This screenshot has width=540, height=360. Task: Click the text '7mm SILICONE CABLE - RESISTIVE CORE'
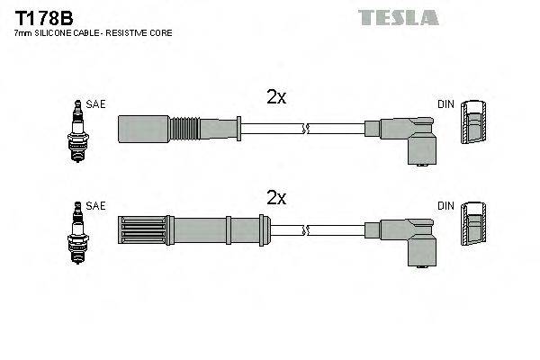pyautogui.click(x=93, y=32)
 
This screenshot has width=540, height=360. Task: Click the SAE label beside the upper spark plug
pyautogui.click(x=97, y=104)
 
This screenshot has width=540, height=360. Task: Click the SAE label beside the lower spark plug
pyautogui.click(x=97, y=206)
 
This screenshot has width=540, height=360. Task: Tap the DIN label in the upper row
pyautogui.click(x=445, y=104)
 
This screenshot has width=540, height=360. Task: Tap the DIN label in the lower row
pyautogui.click(x=445, y=206)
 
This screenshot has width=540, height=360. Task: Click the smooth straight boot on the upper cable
pyautogui.click(x=143, y=129)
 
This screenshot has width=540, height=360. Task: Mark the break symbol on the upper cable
pyautogui.click(x=308, y=129)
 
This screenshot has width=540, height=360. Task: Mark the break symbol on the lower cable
pyautogui.click(x=308, y=229)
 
